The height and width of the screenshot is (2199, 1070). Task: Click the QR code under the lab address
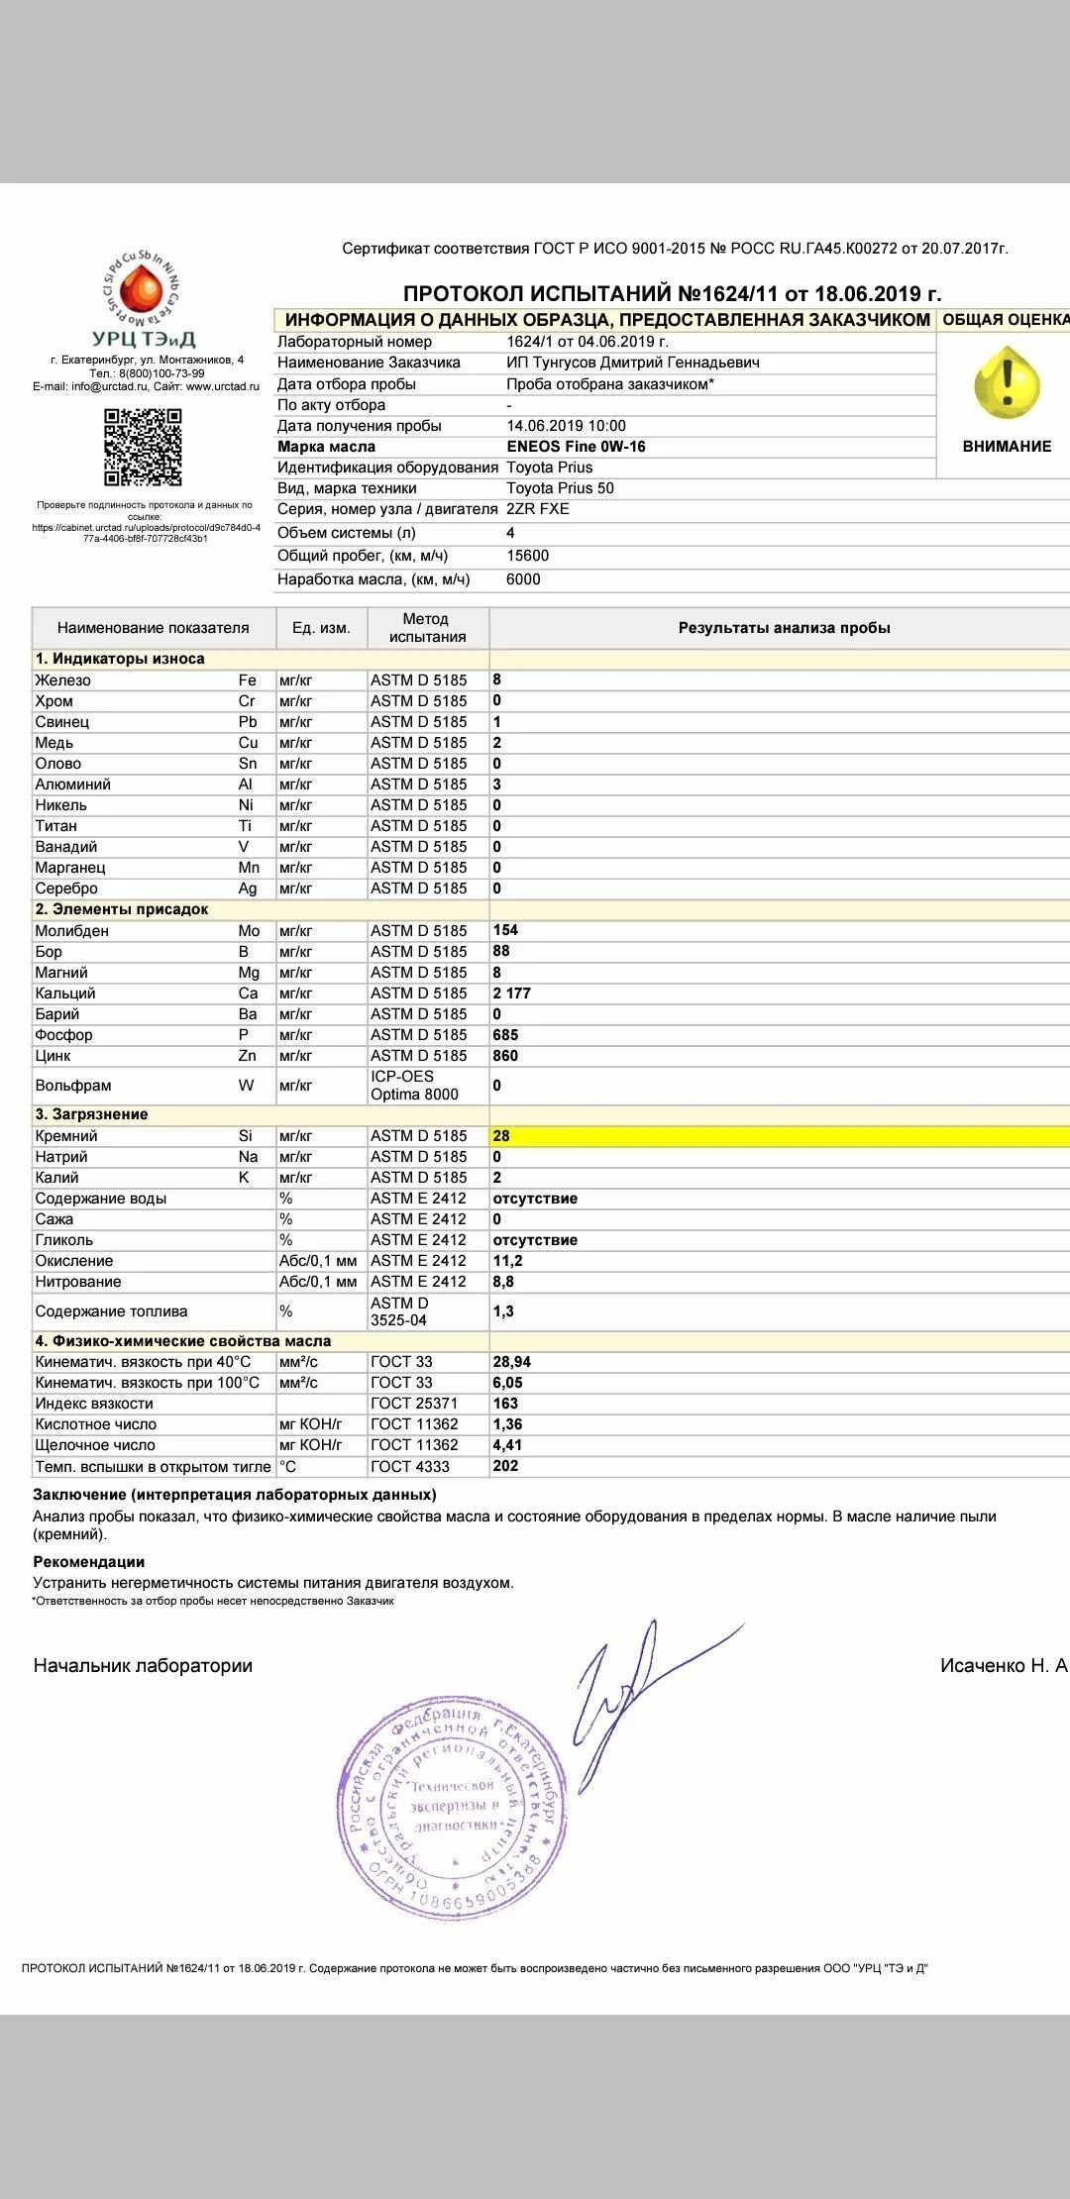(x=144, y=447)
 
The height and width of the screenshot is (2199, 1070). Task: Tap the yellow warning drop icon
(x=1007, y=383)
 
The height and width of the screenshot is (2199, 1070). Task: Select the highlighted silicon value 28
(x=501, y=1136)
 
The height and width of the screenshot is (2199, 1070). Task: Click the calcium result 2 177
(x=512, y=994)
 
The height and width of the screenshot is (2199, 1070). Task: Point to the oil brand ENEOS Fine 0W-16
(x=576, y=447)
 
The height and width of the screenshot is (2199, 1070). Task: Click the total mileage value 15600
(x=527, y=556)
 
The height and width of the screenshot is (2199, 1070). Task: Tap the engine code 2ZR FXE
(x=537, y=509)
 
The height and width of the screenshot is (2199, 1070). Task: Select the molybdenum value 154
(x=505, y=930)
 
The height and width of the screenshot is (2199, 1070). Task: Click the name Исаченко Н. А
(x=1003, y=1666)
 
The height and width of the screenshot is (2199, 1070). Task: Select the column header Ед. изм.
(x=321, y=628)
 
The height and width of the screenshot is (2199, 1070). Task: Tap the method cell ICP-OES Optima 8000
(x=414, y=1086)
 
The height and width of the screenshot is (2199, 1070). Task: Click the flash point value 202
(x=505, y=1466)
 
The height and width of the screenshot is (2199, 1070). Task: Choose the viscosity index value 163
(x=505, y=1404)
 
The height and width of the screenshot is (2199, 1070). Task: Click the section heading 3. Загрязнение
(x=91, y=1114)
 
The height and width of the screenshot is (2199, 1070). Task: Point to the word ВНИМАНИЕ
(x=1007, y=447)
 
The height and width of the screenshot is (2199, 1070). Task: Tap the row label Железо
(x=62, y=681)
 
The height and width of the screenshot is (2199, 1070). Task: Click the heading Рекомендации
(x=88, y=1562)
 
